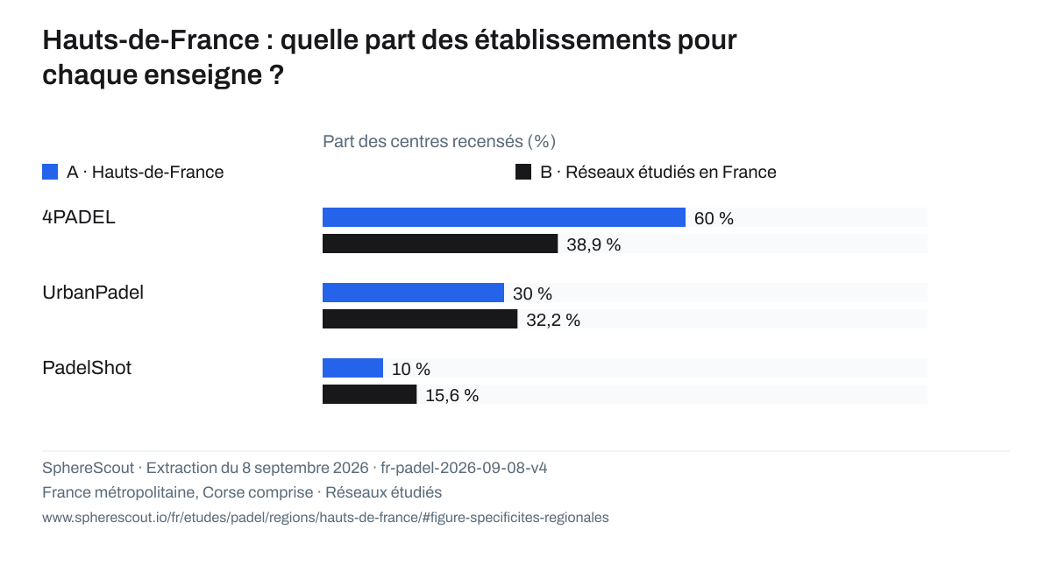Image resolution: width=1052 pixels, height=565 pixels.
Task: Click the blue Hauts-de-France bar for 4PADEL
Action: [x=504, y=217]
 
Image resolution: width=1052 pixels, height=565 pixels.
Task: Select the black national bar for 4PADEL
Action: [x=440, y=244]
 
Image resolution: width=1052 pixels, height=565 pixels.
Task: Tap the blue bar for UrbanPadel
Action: [x=413, y=293]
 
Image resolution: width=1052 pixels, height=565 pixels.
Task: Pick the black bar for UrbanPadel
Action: [x=420, y=319]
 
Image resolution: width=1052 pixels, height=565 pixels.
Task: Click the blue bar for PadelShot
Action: [x=352, y=368]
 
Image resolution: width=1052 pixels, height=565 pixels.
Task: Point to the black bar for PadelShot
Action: [x=370, y=394]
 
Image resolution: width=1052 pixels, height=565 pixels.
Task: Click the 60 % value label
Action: [x=714, y=218]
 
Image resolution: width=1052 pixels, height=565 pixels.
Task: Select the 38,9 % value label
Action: [x=594, y=244]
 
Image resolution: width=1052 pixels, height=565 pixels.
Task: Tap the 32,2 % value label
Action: [x=553, y=320]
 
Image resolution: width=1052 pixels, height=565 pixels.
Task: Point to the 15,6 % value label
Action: [x=452, y=395]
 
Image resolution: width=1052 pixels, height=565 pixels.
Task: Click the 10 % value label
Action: [x=411, y=369]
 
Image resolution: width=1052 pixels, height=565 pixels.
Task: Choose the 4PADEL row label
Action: [x=79, y=217]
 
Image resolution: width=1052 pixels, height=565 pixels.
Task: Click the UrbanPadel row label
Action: [x=93, y=293]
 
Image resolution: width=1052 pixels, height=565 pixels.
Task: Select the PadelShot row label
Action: [x=87, y=368]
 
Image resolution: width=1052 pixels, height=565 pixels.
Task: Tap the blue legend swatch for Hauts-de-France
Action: [x=50, y=172]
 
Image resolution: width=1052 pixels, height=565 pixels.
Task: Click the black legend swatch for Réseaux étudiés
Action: [x=523, y=172]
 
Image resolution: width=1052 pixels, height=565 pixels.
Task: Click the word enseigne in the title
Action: [x=203, y=75]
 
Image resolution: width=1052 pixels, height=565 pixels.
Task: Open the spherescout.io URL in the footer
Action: [x=325, y=517]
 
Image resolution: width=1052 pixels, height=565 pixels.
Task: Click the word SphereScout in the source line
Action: [x=89, y=468]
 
